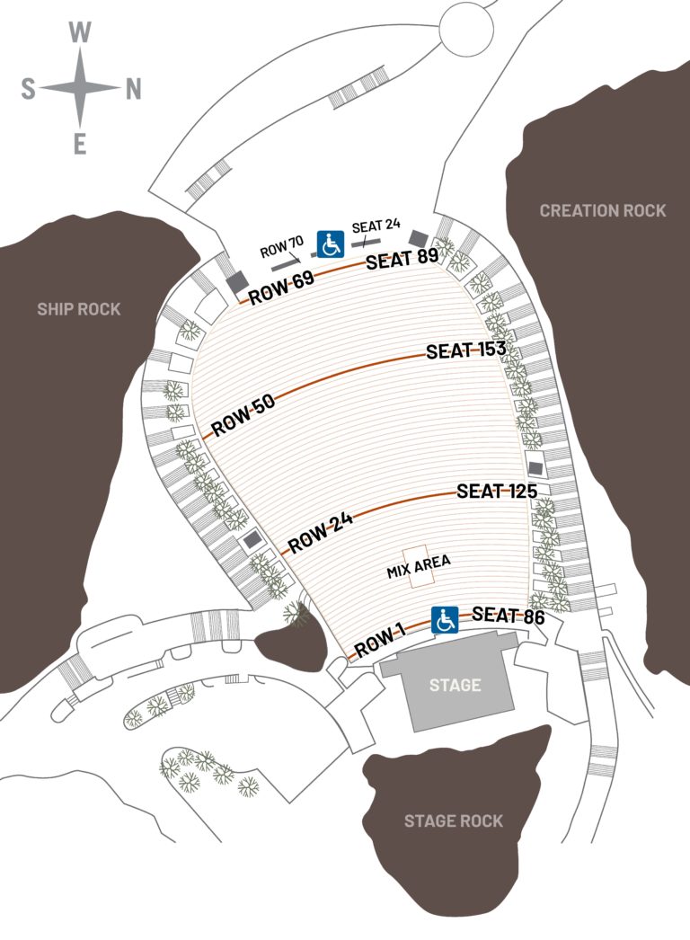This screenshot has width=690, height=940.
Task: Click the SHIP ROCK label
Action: pyautogui.click(x=78, y=309)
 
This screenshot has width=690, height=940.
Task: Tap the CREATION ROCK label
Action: pyautogui.click(x=603, y=210)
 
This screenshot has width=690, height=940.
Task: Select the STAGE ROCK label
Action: pyautogui.click(x=453, y=820)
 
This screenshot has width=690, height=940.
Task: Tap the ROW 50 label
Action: pyautogui.click(x=243, y=416)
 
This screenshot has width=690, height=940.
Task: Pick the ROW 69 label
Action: pyautogui.click(x=281, y=288)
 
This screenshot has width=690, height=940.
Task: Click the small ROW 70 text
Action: pyautogui.click(x=282, y=248)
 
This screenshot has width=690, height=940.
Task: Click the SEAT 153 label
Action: pyautogui.click(x=466, y=350)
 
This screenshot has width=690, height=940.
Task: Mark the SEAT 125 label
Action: pyautogui.click(x=497, y=492)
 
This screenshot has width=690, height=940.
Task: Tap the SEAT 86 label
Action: pyautogui.click(x=508, y=616)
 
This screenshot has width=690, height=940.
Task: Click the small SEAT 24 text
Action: pyautogui.click(x=376, y=226)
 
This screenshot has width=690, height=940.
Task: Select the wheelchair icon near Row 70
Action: pyautogui.click(x=331, y=243)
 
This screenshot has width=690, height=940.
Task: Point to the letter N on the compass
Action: pyautogui.click(x=133, y=88)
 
